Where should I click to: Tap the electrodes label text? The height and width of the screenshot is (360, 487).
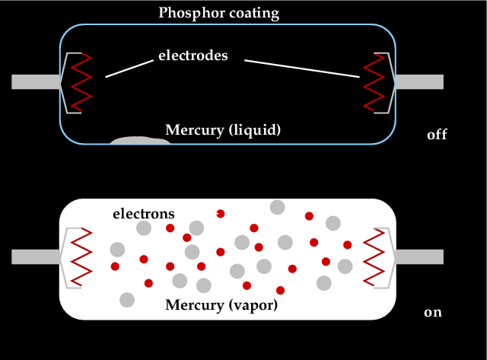pyautogui.click(x=193, y=56)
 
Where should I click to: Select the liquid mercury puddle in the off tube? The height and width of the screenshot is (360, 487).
pyautogui.click(x=140, y=140)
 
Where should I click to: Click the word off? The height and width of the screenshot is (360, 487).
pyautogui.click(x=437, y=135)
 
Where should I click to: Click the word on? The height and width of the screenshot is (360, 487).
pyautogui.click(x=433, y=312)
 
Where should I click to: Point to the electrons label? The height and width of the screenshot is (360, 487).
pyautogui.click(x=144, y=214)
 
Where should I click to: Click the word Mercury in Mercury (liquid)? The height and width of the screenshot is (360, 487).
pyautogui.click(x=195, y=130)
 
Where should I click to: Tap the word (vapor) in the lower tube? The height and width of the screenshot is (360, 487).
pyautogui.click(x=253, y=305)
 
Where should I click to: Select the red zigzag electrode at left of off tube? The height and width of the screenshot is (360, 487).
pyautogui.click(x=81, y=82)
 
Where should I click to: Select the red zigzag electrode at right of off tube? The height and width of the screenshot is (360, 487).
pyautogui.click(x=374, y=82)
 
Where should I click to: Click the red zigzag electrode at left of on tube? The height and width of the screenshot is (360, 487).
pyautogui.click(x=81, y=257)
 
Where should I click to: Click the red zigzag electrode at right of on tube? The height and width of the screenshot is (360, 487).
pyautogui.click(x=374, y=257)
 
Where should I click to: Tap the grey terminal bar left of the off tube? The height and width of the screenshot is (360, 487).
pyautogui.click(x=36, y=82)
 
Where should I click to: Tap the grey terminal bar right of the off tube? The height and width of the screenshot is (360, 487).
pyautogui.click(x=419, y=82)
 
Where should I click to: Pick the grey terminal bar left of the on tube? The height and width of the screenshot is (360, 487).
pyautogui.click(x=36, y=257)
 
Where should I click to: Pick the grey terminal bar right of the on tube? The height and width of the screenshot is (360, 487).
pyautogui.click(x=419, y=257)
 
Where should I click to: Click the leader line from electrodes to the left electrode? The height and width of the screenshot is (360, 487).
pyautogui.click(x=129, y=68)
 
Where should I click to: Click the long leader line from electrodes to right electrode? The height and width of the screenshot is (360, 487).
pyautogui.click(x=302, y=68)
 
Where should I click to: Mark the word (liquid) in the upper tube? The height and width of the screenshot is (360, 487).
pyautogui.click(x=255, y=130)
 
